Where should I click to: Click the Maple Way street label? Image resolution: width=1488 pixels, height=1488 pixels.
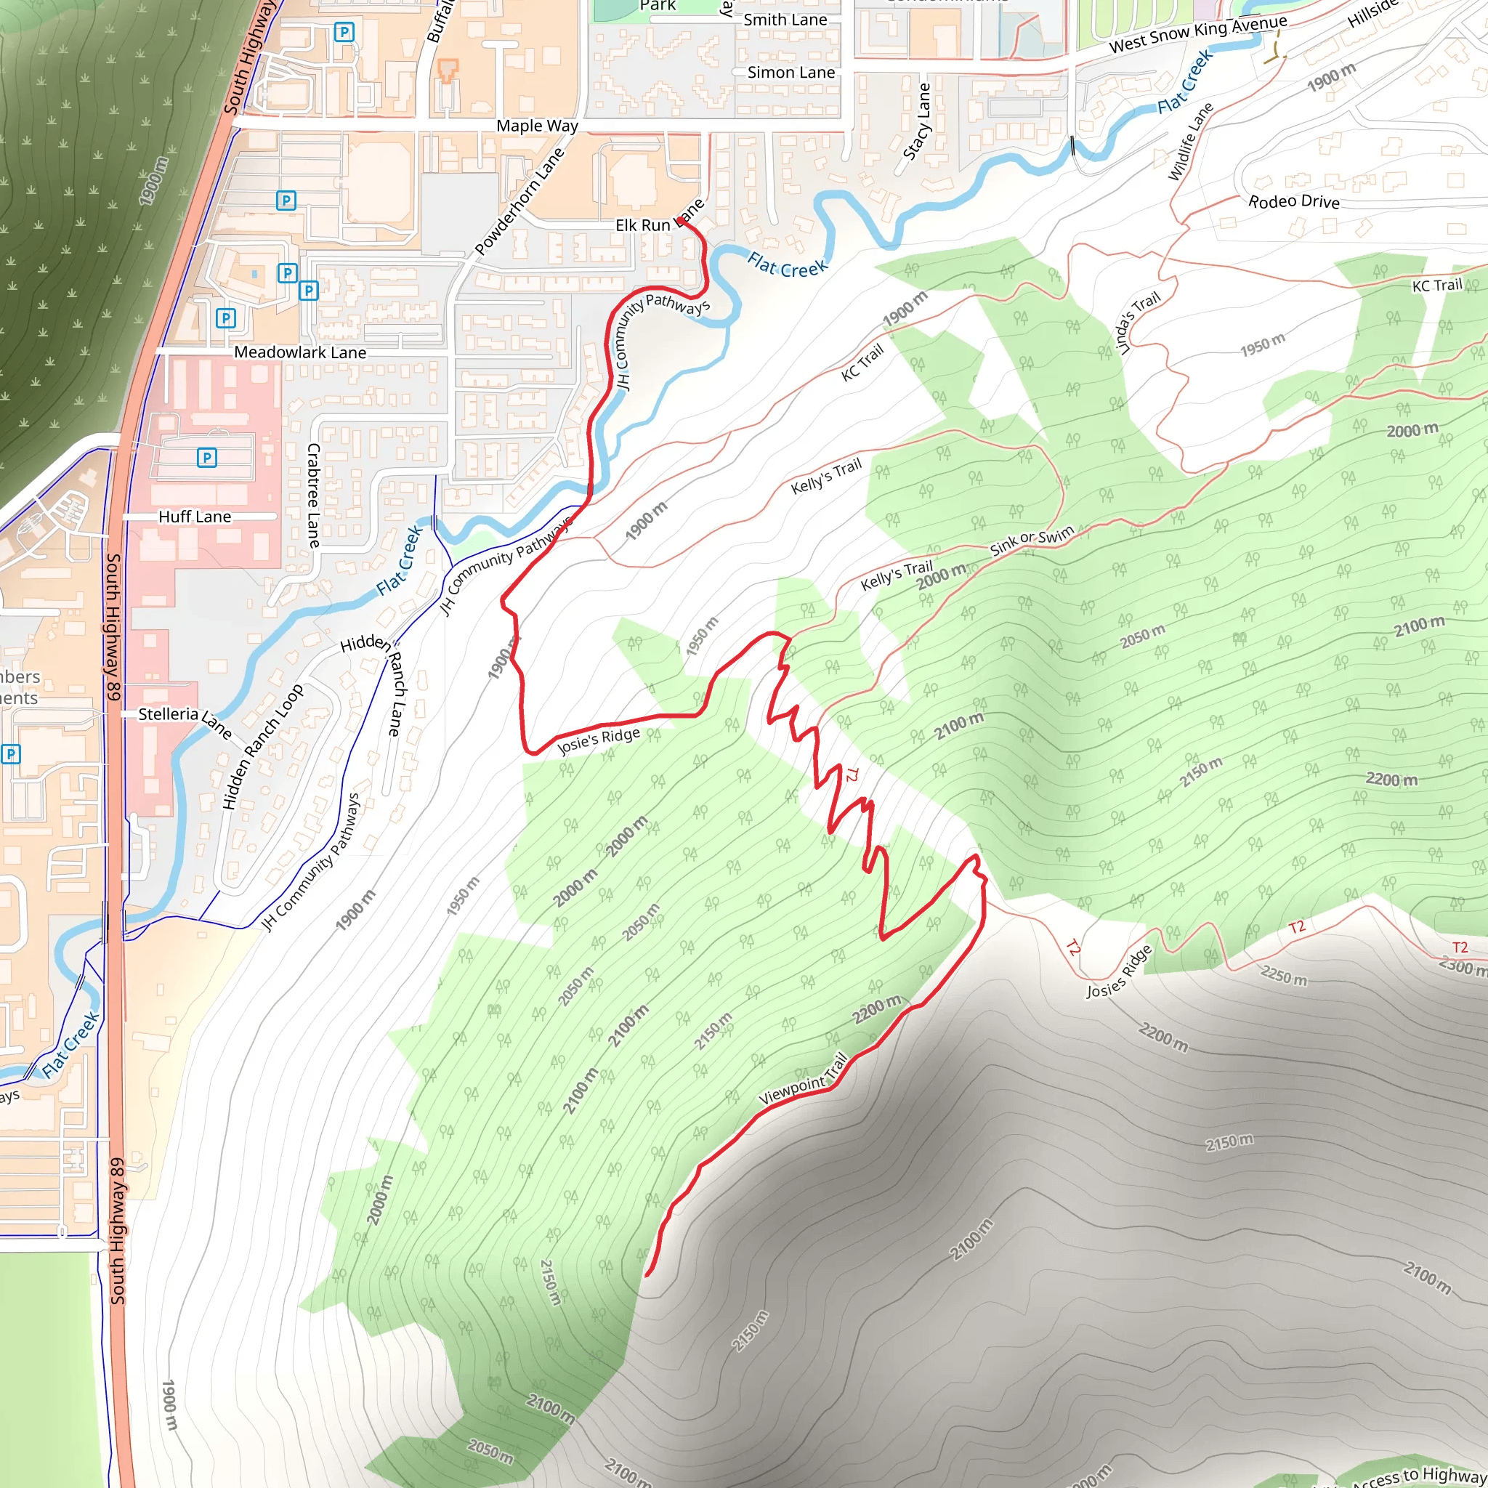point(537,126)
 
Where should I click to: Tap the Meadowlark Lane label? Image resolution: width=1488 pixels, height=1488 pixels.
point(299,352)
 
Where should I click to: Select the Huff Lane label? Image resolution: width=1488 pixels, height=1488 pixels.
point(194,517)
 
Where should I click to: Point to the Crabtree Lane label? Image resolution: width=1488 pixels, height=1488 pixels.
point(312,496)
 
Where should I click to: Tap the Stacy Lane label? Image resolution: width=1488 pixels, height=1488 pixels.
point(916,121)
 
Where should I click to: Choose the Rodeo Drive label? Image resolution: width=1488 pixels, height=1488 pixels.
point(1294,201)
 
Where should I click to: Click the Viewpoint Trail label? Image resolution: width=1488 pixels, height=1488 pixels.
point(804,1079)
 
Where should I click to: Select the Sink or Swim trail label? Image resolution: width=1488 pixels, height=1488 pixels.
point(1031,541)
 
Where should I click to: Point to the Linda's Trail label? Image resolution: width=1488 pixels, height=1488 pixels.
point(1137,323)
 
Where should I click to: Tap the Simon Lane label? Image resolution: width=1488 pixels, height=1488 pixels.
point(791,73)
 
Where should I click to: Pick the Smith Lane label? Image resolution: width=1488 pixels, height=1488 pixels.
point(785,20)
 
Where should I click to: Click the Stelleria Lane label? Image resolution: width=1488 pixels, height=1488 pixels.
point(185,719)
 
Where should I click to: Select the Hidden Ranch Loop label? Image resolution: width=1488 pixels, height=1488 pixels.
point(262,746)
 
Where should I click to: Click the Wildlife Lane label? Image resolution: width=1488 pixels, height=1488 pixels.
point(1190,142)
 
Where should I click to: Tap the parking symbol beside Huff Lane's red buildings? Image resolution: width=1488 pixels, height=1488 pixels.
point(206,458)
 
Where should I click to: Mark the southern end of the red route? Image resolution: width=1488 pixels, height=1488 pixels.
point(647,1274)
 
